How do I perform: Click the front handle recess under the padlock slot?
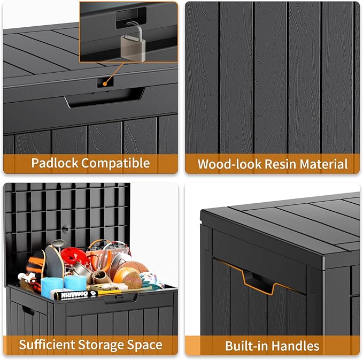(104, 99)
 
